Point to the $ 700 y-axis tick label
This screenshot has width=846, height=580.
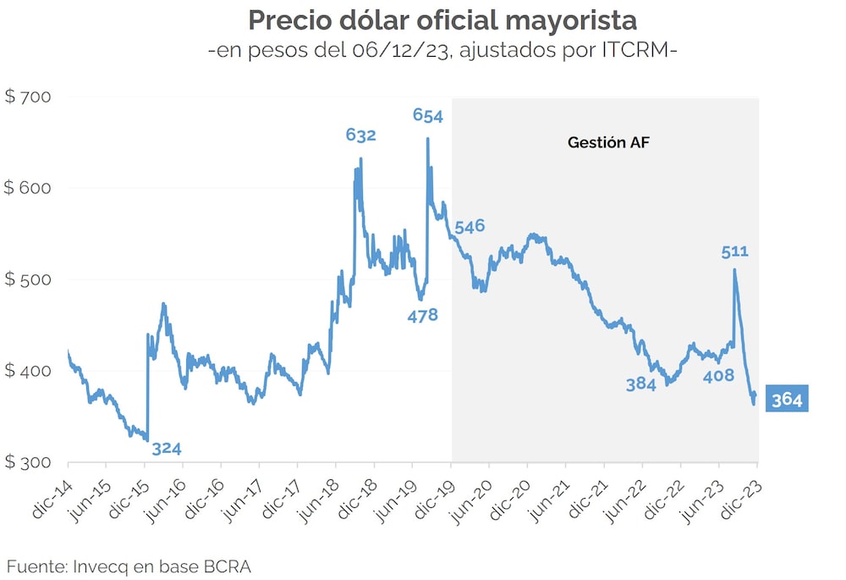click(28, 97)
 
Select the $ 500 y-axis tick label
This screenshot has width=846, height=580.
click(28, 279)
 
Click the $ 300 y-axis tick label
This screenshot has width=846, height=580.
click(28, 462)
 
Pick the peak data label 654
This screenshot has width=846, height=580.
click(428, 114)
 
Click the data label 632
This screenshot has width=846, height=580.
click(361, 135)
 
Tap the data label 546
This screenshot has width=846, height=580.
click(470, 227)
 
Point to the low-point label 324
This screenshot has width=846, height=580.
click(167, 449)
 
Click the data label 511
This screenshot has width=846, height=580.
click(735, 251)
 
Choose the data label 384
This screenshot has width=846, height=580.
click(641, 384)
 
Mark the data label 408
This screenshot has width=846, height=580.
click(718, 376)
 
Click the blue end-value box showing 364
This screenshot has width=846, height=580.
click(787, 399)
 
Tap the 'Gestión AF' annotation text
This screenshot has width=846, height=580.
click(607, 143)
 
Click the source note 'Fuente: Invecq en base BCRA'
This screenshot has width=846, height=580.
click(129, 565)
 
